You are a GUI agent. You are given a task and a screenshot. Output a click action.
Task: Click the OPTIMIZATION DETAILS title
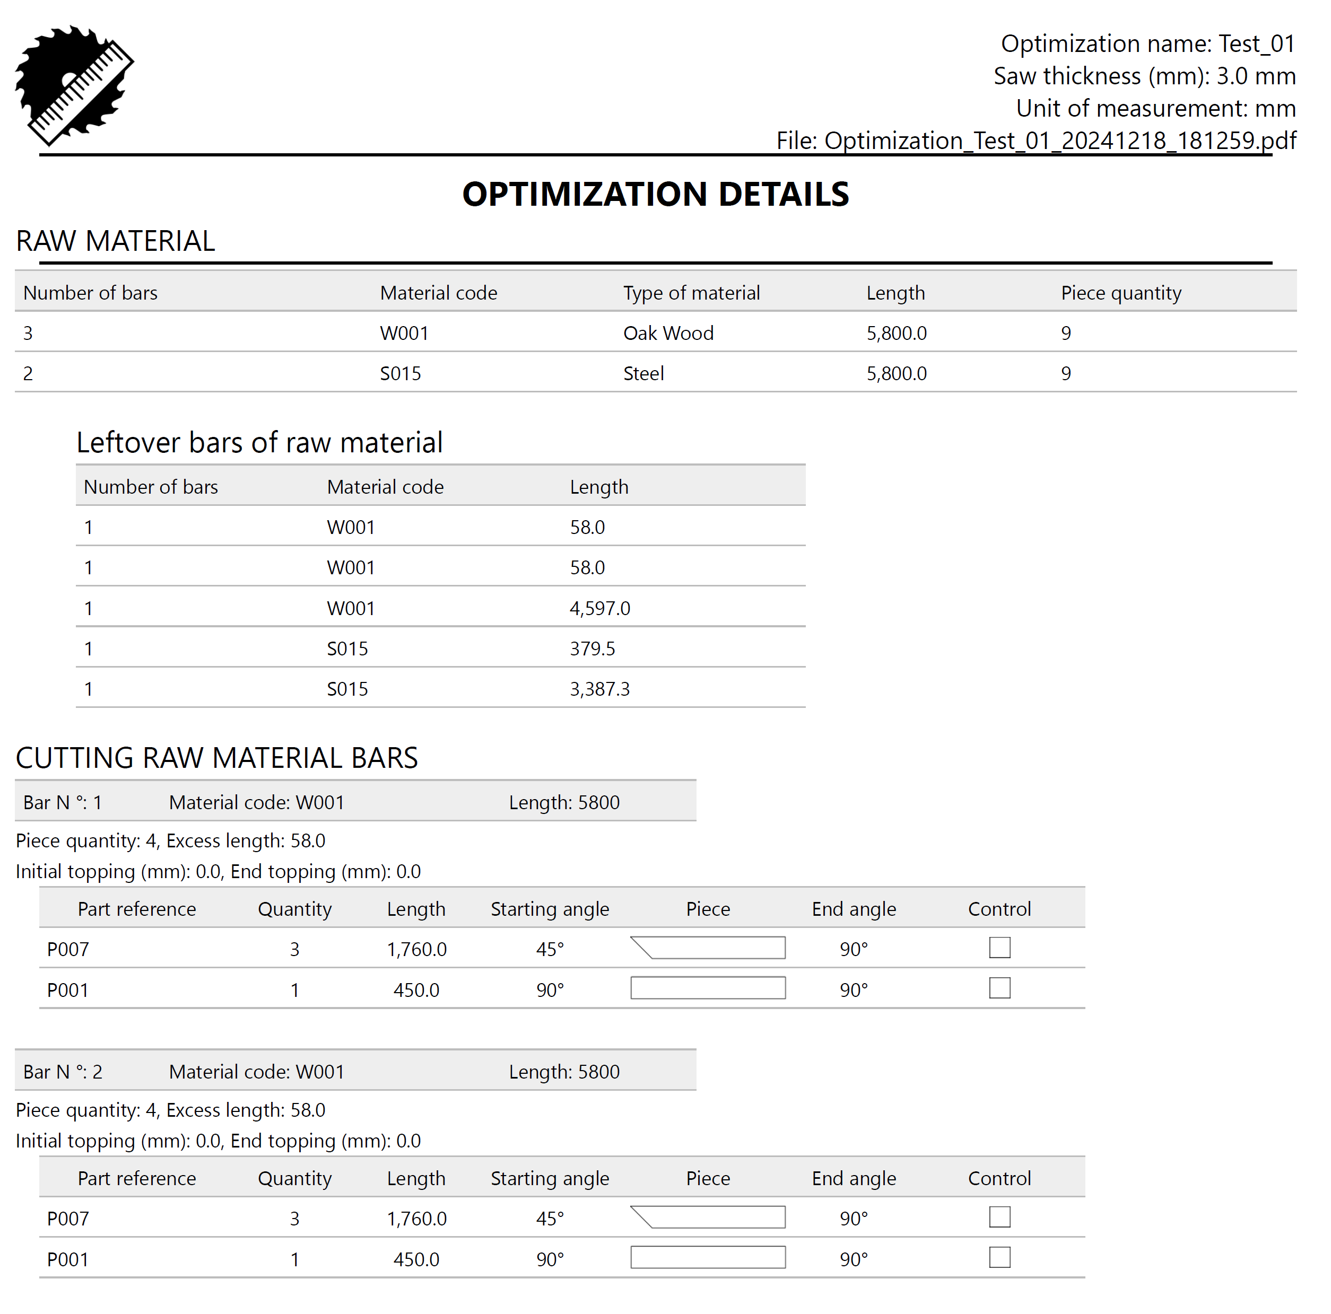click(655, 194)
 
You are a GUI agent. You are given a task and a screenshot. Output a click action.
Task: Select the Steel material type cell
click(643, 374)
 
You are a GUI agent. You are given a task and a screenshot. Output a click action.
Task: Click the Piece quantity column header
click(1120, 293)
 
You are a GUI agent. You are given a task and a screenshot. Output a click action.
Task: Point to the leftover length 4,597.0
click(599, 608)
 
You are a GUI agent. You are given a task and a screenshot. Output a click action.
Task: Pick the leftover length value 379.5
click(592, 649)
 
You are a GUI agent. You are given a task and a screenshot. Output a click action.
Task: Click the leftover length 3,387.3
click(599, 689)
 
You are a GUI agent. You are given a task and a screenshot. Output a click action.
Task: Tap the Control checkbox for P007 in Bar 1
click(999, 948)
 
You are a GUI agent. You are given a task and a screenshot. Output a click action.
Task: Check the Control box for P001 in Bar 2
click(999, 1258)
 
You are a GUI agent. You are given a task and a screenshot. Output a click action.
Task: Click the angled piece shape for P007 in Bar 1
click(708, 948)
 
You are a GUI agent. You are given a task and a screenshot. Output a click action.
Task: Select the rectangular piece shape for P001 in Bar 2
click(708, 1258)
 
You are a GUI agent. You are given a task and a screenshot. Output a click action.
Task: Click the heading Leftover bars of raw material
click(259, 442)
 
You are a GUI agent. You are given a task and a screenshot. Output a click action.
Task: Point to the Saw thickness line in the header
click(1144, 76)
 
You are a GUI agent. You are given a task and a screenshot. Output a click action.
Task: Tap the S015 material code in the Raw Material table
click(401, 374)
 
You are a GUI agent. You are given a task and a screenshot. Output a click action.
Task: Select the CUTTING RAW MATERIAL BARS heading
click(216, 758)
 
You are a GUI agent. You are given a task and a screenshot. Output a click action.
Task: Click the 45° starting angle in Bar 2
click(550, 1218)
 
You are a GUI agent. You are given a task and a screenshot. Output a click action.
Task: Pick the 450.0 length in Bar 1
click(416, 989)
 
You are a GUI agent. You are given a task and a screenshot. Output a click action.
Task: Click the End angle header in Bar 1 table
click(854, 909)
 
